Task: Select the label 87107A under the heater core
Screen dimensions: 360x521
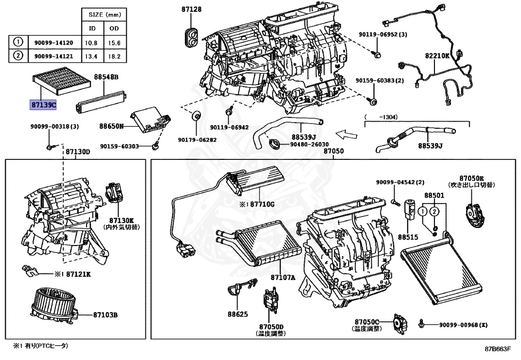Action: [283, 278]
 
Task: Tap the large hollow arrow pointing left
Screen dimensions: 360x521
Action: [348, 135]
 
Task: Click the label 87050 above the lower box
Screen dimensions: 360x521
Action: [334, 152]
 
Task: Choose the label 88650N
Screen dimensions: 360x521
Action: [111, 125]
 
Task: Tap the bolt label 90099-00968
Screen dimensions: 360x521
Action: [460, 325]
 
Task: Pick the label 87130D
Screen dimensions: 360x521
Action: [77, 152]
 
